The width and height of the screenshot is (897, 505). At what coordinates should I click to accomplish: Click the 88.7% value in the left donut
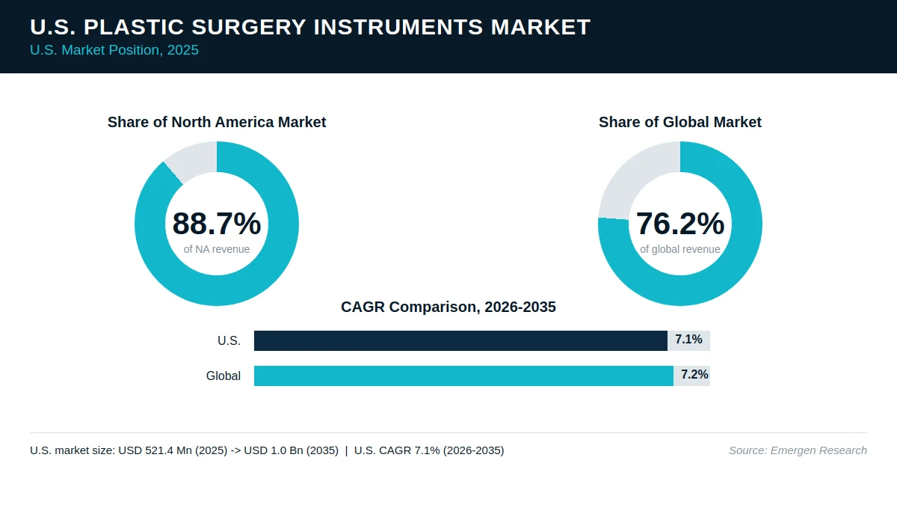[x=217, y=224]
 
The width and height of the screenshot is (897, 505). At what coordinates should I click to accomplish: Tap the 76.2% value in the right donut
[x=680, y=224]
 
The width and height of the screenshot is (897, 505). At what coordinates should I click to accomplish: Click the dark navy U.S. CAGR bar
[x=460, y=340]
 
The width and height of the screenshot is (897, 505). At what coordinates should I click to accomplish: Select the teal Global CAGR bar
[x=463, y=376]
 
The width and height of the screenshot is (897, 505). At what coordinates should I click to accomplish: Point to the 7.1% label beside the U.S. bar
[x=688, y=340]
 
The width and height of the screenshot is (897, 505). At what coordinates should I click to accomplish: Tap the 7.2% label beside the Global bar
[x=694, y=374]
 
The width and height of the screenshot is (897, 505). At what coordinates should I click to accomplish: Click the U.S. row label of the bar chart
[x=229, y=340]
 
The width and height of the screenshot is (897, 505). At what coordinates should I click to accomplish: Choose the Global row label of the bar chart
[x=224, y=376]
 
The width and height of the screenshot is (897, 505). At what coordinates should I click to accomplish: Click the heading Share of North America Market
[x=217, y=122]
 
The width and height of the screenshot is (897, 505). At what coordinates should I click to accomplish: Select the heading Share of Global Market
[x=680, y=122]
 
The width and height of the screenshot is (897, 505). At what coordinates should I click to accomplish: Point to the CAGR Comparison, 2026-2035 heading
[x=449, y=307]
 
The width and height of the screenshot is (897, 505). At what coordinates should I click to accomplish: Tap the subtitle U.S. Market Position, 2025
[x=114, y=50]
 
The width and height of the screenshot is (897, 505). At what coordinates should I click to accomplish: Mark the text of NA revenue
[x=217, y=249]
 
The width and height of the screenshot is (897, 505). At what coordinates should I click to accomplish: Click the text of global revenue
[x=680, y=249]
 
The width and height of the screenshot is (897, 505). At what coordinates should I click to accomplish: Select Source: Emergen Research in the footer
[x=798, y=450]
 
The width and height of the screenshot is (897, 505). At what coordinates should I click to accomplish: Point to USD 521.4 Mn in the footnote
[x=155, y=450]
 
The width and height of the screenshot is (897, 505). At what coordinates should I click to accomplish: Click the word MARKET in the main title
[x=540, y=27]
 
